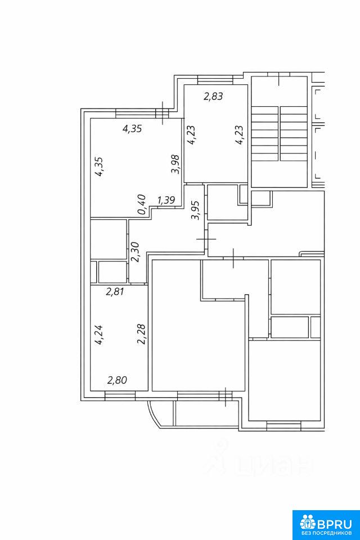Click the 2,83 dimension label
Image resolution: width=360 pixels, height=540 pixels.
[x=213, y=96]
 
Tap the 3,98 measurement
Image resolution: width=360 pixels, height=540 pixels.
[x=175, y=164]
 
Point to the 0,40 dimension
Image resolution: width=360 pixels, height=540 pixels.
[x=142, y=205]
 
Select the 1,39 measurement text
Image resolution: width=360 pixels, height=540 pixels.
[x=166, y=200]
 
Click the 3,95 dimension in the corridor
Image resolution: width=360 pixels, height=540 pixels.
[x=195, y=210]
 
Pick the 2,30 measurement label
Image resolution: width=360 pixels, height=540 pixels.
[x=134, y=252]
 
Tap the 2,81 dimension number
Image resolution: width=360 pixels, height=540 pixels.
[x=115, y=292]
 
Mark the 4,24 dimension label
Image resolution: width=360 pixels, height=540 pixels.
[x=99, y=335]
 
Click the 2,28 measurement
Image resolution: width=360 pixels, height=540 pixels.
[x=142, y=334]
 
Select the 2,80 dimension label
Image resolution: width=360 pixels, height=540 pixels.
[x=117, y=380]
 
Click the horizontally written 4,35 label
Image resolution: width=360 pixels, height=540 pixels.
[x=132, y=129]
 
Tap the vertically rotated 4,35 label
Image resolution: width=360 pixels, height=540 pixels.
[x=98, y=167]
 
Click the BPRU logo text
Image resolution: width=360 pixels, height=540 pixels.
[x=335, y=524]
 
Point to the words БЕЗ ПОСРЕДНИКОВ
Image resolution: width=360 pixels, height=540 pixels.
[x=326, y=533]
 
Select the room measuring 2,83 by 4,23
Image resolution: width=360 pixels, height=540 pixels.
[x=215, y=134]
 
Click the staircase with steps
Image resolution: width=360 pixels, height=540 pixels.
[x=279, y=134]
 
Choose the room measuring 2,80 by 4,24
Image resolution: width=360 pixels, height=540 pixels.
[x=119, y=337]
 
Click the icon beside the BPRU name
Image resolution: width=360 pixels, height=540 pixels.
[x=308, y=524]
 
